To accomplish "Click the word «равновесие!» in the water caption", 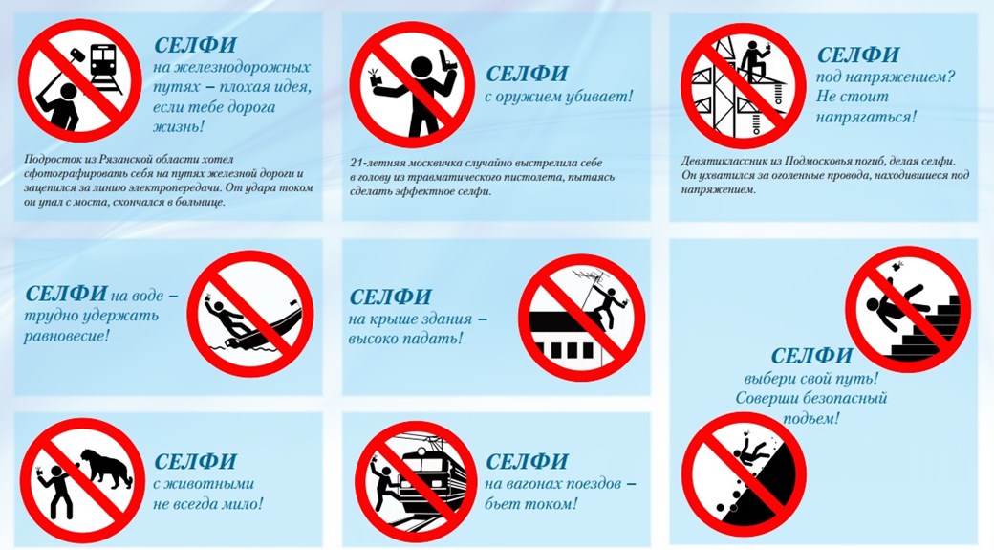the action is tap(67, 335).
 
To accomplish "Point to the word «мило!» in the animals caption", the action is tap(242, 504).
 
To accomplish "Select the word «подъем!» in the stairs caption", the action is tap(810, 419).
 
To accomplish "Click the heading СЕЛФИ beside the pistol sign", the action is tap(527, 73).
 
